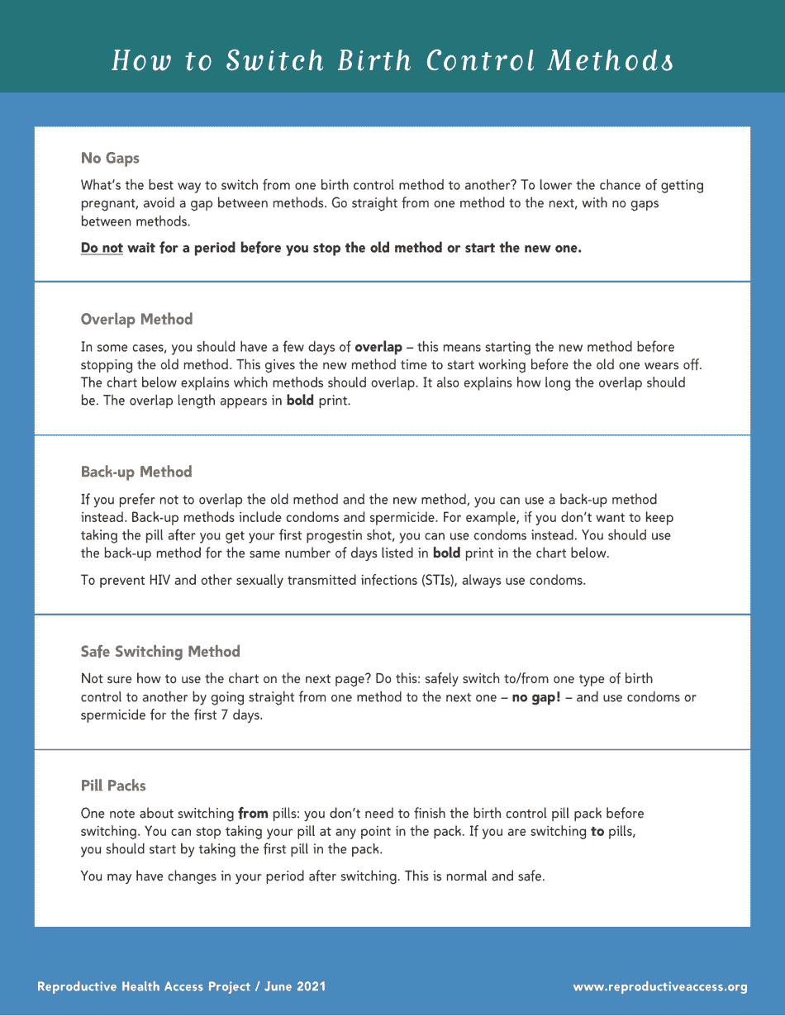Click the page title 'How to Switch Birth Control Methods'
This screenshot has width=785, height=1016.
392,61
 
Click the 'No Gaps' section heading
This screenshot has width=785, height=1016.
110,158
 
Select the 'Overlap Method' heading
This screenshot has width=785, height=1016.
136,320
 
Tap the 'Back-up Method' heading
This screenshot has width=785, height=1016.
136,472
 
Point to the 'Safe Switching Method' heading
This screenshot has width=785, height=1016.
160,652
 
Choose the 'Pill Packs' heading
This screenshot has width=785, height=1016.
113,786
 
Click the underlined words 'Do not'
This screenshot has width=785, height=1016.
102,248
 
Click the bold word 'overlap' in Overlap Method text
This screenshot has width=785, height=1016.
378,347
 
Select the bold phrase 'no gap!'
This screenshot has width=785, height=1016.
536,697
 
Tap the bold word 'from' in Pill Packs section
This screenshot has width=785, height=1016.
253,814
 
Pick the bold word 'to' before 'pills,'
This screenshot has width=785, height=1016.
597,832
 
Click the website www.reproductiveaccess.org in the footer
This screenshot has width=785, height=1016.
660,986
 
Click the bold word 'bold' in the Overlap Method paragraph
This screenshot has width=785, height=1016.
300,401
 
